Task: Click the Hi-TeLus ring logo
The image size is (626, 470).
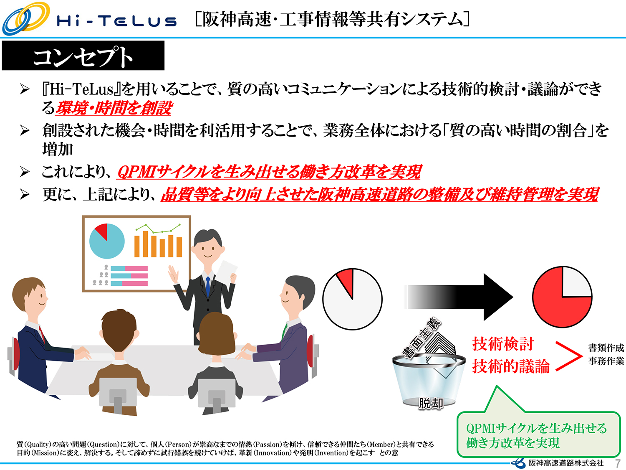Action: (26, 18)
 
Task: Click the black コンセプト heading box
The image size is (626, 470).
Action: (83, 56)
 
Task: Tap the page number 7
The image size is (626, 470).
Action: (617, 463)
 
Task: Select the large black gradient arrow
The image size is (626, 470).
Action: (459, 297)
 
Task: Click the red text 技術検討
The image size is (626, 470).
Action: (503, 343)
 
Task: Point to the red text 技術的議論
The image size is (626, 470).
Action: (511, 366)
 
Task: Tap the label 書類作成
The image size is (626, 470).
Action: (606, 348)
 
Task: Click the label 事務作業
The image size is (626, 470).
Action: (606, 361)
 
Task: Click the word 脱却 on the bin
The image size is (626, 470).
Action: (431, 404)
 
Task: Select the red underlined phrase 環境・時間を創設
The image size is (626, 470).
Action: (114, 108)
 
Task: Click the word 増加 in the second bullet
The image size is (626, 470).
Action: (58, 149)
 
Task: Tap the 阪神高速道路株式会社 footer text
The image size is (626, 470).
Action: (566, 463)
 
